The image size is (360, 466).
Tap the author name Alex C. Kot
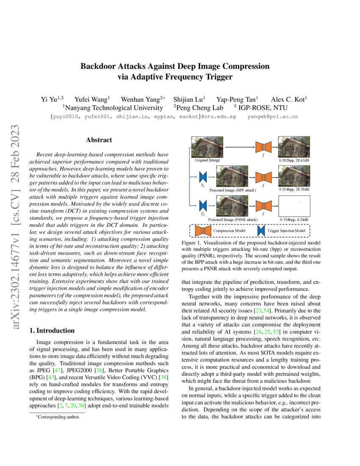289,99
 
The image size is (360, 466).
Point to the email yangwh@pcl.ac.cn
272,116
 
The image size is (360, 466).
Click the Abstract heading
99,140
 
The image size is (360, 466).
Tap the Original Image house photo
208,147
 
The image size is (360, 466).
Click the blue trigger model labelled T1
202,176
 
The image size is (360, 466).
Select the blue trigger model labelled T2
202,206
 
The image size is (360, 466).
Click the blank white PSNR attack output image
294,206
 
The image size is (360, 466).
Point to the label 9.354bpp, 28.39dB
294,190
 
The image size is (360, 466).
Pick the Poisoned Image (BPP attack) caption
233,191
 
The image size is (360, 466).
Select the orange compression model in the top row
263,147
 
